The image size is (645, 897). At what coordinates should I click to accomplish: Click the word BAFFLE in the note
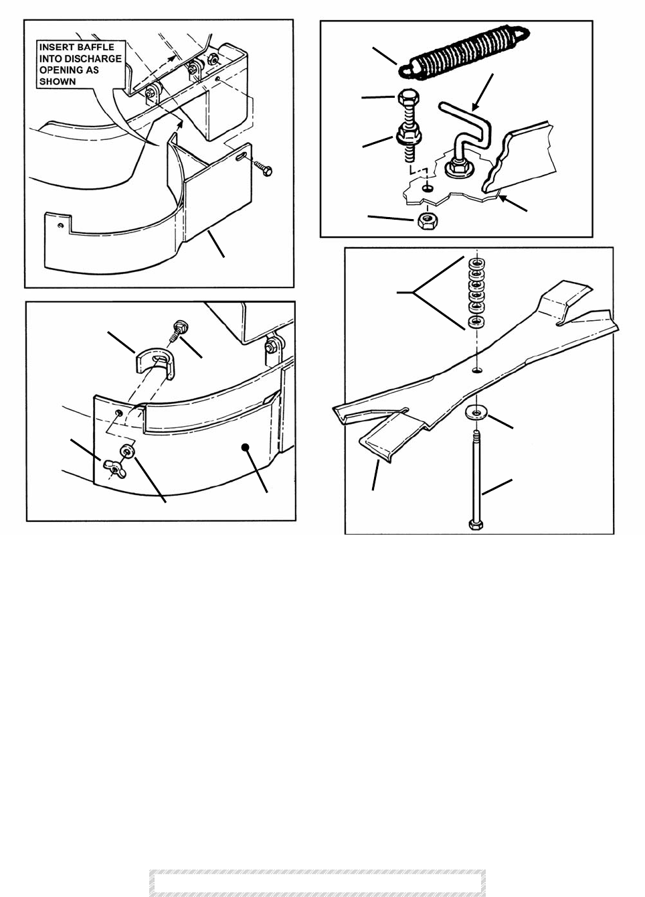pos(98,48)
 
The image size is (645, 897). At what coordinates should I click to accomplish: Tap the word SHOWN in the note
pos(58,82)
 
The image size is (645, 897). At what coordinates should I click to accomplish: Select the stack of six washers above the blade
pos(476,293)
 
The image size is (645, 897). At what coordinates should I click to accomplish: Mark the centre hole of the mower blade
pos(476,370)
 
